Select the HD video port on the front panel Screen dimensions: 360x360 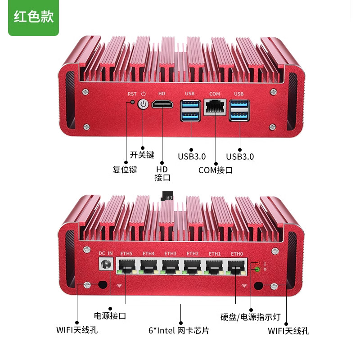point(162,105)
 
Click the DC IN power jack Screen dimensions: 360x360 point(106,265)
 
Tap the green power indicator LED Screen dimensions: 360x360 point(257,270)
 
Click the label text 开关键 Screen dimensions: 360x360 point(142,155)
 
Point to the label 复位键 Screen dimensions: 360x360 point(125,170)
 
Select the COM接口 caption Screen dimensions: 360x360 point(216,171)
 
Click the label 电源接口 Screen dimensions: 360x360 point(109,315)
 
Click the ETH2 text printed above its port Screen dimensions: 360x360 point(193,254)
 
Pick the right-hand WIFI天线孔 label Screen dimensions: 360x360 point(288,331)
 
